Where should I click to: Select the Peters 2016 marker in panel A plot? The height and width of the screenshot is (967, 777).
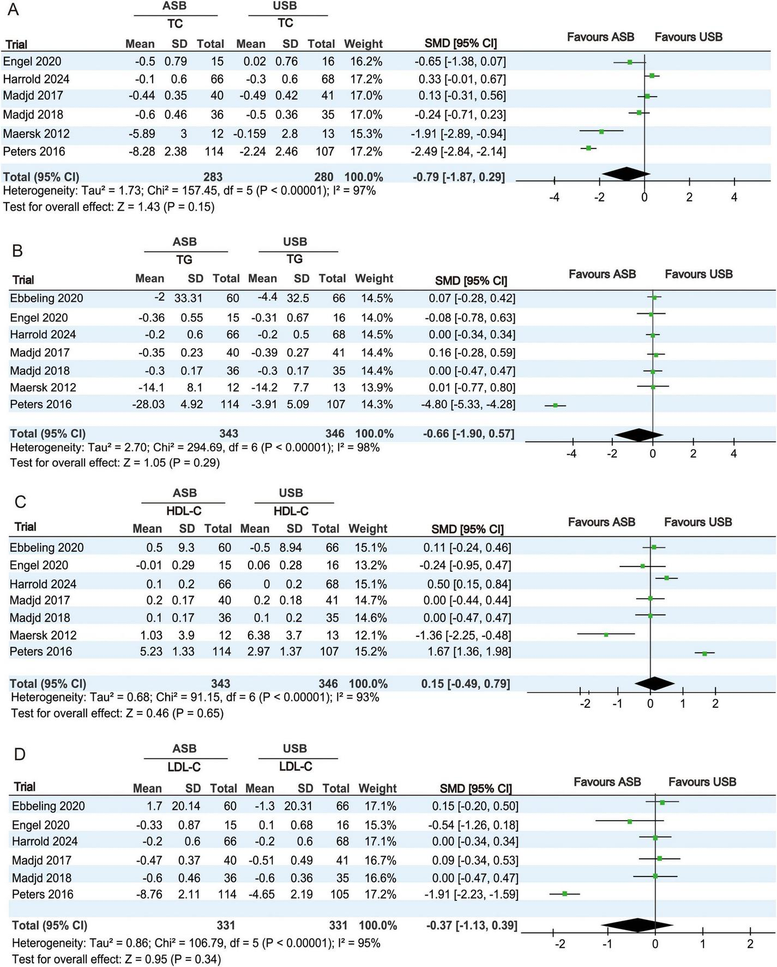(x=588, y=148)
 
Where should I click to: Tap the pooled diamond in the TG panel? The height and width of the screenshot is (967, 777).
(x=639, y=434)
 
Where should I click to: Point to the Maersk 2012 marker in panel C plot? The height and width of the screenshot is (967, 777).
(x=606, y=634)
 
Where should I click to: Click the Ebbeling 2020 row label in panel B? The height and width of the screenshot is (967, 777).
(x=46, y=298)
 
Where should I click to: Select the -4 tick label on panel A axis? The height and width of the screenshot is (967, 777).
(x=554, y=197)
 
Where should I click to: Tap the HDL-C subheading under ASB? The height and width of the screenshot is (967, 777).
(x=184, y=511)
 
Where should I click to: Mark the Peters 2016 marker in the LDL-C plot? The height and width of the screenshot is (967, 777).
(x=565, y=893)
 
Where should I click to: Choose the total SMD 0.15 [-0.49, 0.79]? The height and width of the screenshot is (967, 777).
(x=466, y=684)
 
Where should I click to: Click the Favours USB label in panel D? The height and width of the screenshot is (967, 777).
(x=702, y=782)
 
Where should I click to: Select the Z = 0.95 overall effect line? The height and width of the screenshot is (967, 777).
(x=116, y=959)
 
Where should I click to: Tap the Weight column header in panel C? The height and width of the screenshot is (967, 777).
(x=368, y=528)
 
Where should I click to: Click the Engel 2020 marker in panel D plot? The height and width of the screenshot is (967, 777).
(x=629, y=821)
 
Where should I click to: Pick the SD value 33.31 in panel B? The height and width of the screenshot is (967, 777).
(x=188, y=298)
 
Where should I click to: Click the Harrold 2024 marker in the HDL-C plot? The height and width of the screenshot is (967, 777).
(x=666, y=577)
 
